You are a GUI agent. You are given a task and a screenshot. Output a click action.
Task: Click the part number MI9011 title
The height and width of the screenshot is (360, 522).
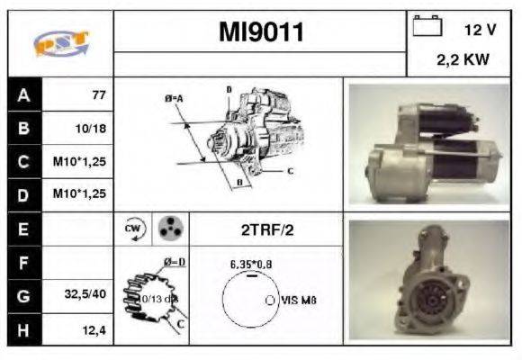click(261, 32)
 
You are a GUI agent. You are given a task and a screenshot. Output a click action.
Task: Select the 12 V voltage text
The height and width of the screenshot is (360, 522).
click(480, 30)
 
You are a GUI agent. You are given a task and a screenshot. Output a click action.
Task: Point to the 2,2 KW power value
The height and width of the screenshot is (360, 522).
click(463, 62)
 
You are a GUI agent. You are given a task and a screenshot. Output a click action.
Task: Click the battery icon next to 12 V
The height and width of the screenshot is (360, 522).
click(425, 28)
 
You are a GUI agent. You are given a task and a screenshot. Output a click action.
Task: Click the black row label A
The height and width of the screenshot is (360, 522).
click(22, 94)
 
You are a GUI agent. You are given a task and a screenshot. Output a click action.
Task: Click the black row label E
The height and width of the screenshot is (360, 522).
click(22, 229)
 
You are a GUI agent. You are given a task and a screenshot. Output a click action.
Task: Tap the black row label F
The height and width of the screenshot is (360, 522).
click(22, 263)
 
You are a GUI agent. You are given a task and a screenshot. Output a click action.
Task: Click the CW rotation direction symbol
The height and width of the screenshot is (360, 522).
click(131, 229)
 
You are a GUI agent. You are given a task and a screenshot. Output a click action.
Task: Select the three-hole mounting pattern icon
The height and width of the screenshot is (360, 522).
click(168, 229)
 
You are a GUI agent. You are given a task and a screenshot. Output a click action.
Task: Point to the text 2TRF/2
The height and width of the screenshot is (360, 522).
click(266, 229)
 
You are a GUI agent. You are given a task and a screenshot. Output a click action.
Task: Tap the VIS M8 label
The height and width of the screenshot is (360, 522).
click(298, 300)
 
